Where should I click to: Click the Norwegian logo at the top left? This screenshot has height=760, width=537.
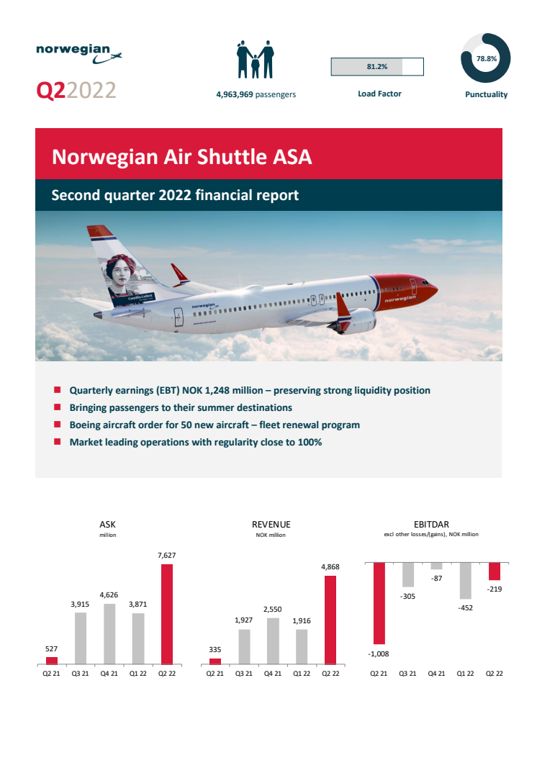click(x=78, y=53)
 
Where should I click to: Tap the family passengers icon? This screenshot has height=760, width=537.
click(x=256, y=60)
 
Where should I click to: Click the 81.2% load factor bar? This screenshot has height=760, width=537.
click(x=376, y=67)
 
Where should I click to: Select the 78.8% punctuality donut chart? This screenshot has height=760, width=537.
click(x=486, y=58)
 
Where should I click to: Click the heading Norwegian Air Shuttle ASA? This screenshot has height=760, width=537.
click(x=182, y=157)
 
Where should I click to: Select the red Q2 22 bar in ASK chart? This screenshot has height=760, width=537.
click(x=166, y=613)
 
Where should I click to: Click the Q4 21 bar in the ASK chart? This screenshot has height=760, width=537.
click(x=110, y=633)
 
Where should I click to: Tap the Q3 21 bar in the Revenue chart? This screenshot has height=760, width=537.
click(x=245, y=646)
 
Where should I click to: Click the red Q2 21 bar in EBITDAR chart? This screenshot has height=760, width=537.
click(x=378, y=603)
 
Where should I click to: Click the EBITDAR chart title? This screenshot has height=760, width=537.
click(x=432, y=525)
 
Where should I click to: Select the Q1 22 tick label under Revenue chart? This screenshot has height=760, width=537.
click(x=302, y=674)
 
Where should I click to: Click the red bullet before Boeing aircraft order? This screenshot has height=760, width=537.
click(x=57, y=425)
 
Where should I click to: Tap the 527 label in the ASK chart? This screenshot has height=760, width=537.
click(x=51, y=649)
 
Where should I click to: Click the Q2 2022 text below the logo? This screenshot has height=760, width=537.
click(x=76, y=91)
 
